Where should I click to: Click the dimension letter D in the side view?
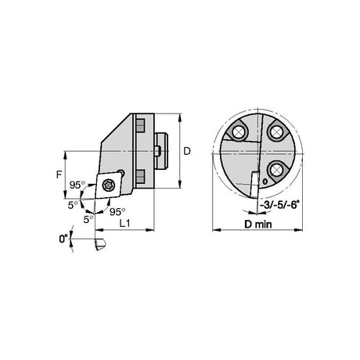coord(187,151)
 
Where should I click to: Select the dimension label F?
coord(59,175)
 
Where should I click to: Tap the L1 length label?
coord(124,223)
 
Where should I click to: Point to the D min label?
coord(257,225)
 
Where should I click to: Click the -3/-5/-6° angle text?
coord(279,205)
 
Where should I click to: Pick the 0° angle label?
coord(63,239)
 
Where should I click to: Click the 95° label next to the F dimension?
coord(77,185)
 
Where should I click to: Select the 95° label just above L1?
coord(117,211)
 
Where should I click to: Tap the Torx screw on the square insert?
coord(108,185)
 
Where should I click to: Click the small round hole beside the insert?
coord(121,173)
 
